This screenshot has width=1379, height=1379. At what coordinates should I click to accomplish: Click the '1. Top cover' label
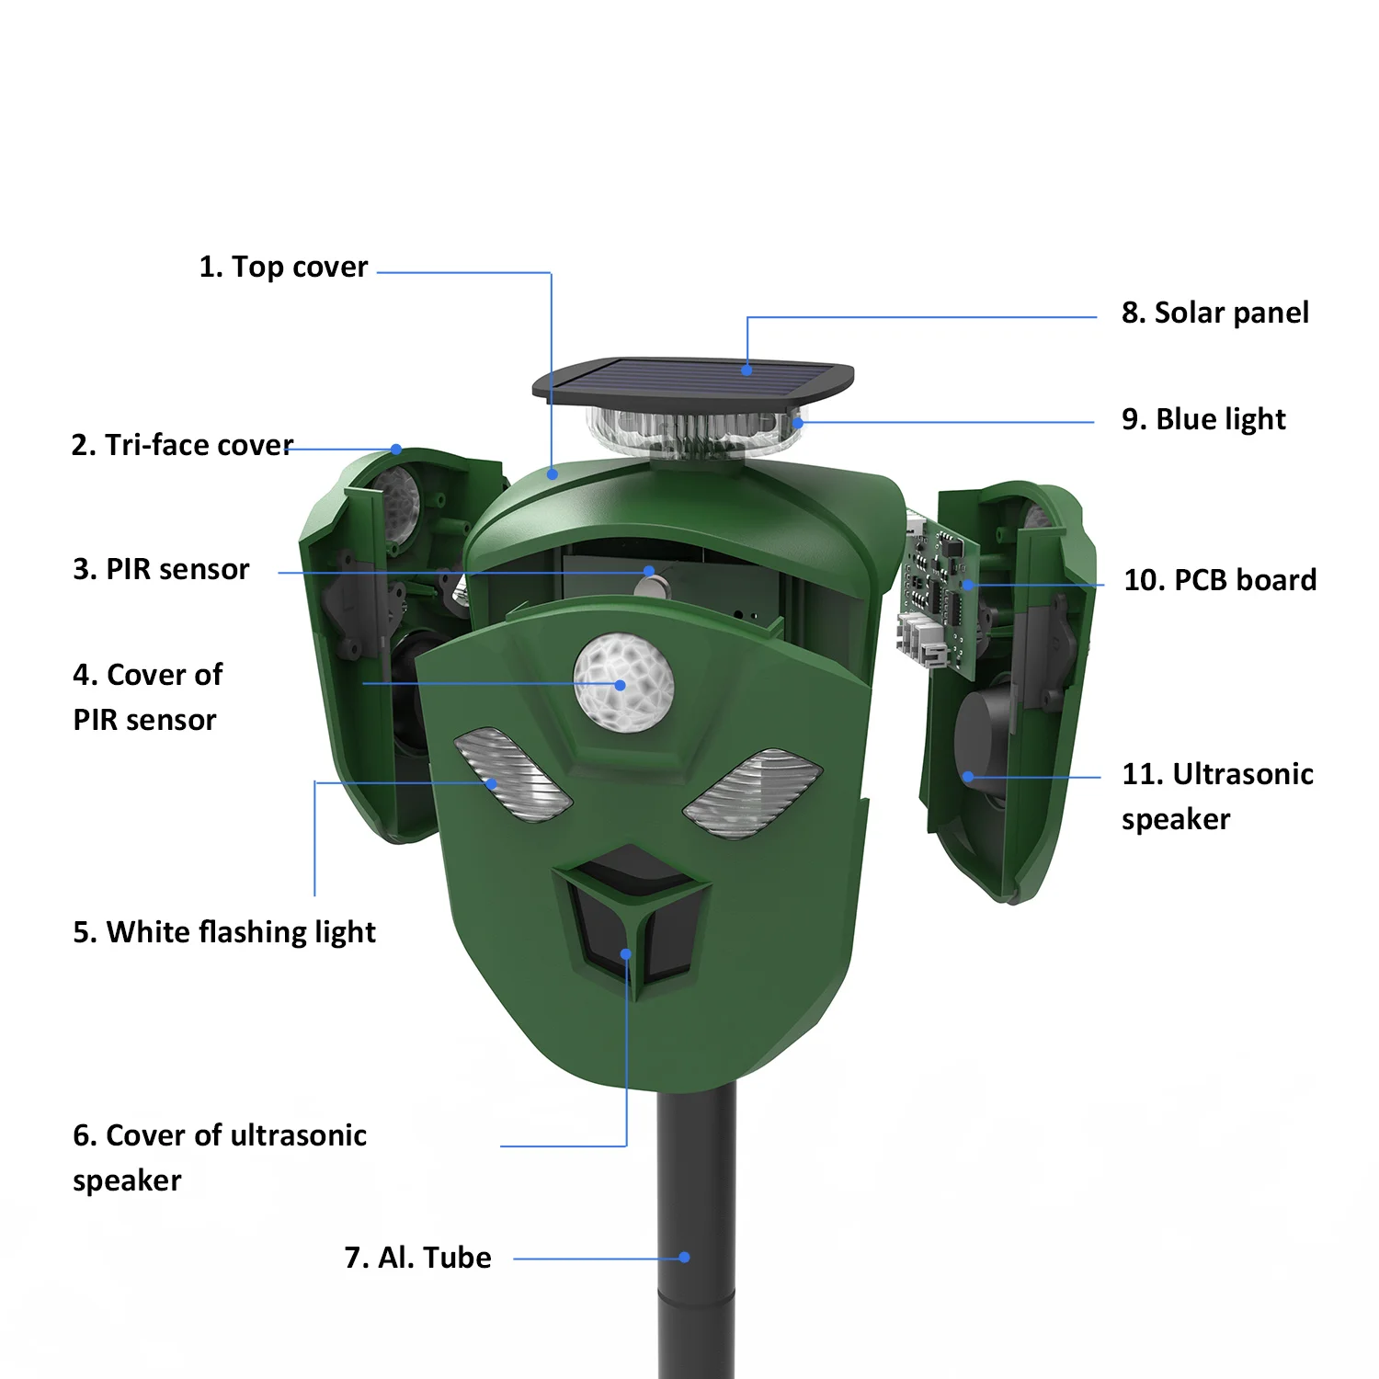pyautogui.click(x=283, y=267)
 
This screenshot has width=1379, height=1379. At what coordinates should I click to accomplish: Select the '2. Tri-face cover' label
pyautogui.click(x=182, y=445)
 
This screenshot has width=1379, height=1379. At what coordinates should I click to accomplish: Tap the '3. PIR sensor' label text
pyautogui.click(x=161, y=569)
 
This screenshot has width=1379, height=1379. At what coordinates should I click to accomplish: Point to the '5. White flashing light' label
pyautogui.click(x=224, y=932)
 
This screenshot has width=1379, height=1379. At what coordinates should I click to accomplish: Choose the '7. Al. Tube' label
pyautogui.click(x=417, y=1257)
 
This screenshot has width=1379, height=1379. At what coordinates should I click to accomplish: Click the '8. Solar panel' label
pyautogui.click(x=1214, y=313)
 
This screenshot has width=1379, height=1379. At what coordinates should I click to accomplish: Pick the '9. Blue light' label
pyautogui.click(x=1202, y=419)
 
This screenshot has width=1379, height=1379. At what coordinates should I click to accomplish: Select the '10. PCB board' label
pyautogui.click(x=1220, y=580)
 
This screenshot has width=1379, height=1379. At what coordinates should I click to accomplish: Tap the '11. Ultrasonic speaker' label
pyautogui.click(x=1216, y=795)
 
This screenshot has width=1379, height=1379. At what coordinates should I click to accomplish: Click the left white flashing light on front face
pyautogui.click(x=512, y=773)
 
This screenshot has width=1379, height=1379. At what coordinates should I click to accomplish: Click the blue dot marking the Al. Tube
pyautogui.click(x=684, y=1257)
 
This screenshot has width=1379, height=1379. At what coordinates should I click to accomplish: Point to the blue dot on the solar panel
pyautogui.click(x=746, y=370)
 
